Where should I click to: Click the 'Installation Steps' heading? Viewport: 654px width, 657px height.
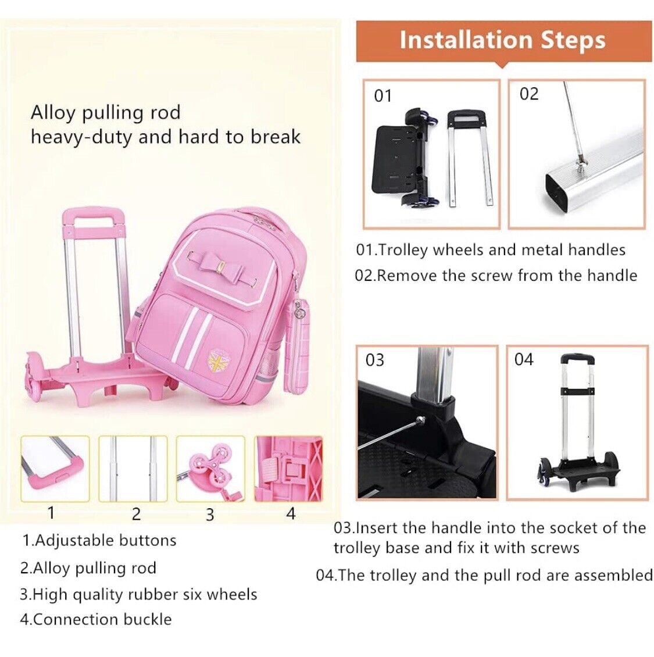click(x=502, y=40)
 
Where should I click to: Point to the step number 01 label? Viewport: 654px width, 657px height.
click(x=383, y=96)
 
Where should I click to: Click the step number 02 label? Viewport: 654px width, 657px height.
click(x=529, y=94)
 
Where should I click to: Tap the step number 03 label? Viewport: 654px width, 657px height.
click(x=374, y=360)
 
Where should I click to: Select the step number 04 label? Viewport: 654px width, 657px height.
click(x=524, y=359)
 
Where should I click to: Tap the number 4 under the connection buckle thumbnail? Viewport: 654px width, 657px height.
click(x=290, y=513)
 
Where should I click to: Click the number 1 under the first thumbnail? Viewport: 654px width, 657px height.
click(x=51, y=512)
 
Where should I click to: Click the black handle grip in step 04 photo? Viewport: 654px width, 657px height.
click(x=578, y=359)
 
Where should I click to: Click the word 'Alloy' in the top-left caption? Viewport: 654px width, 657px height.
click(x=53, y=113)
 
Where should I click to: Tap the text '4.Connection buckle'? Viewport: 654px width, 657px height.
click(x=96, y=619)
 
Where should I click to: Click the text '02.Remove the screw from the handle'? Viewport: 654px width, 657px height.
click(x=496, y=276)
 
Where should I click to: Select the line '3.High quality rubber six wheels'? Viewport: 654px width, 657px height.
click(x=139, y=595)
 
